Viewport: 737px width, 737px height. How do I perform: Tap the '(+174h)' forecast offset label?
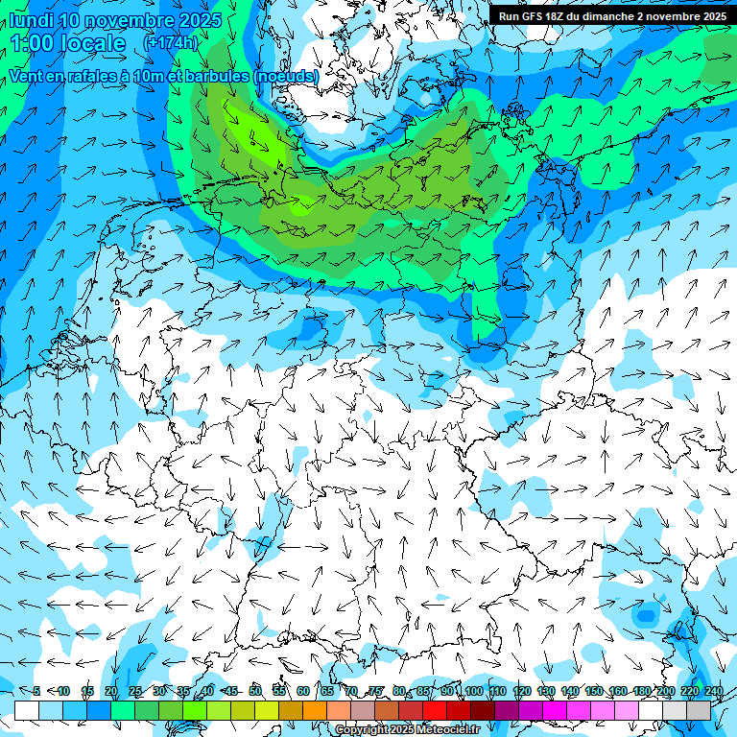[170, 43]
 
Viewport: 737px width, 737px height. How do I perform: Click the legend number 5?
[36, 691]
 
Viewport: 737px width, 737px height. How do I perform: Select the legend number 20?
[110, 691]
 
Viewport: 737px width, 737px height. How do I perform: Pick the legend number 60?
[303, 691]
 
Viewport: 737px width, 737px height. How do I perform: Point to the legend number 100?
[473, 691]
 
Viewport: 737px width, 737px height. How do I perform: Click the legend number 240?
[714, 691]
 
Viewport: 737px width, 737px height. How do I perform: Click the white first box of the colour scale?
[27, 710]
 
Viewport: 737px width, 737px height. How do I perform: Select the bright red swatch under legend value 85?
[435, 710]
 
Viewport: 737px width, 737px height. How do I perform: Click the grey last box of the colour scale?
[699, 710]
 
